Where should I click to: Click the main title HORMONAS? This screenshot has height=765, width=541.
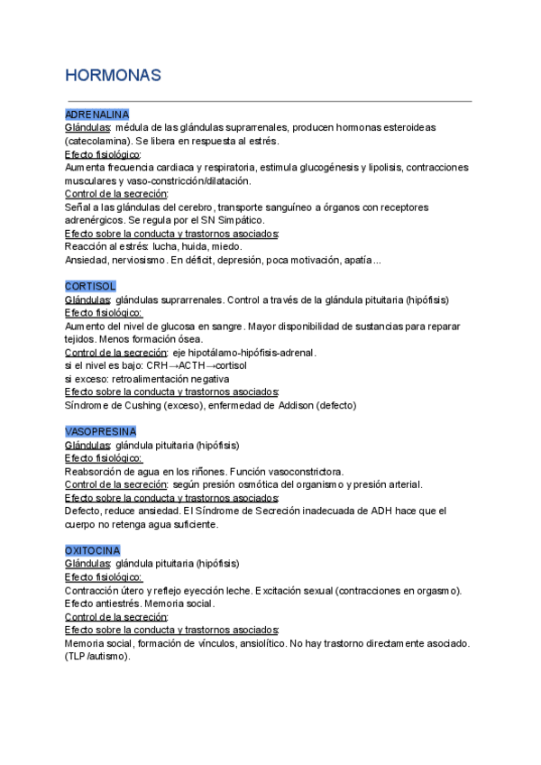(114, 76)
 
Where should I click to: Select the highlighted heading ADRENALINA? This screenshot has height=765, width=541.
(96, 115)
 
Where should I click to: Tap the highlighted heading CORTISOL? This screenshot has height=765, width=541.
(90, 286)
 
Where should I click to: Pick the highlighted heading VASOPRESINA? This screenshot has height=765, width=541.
(101, 431)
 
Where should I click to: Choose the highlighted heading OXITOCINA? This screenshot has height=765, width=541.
(93, 550)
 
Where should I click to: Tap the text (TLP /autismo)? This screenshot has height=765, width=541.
(97, 657)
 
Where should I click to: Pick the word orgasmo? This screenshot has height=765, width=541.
(441, 590)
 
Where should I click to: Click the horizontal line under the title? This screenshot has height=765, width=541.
(269, 101)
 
